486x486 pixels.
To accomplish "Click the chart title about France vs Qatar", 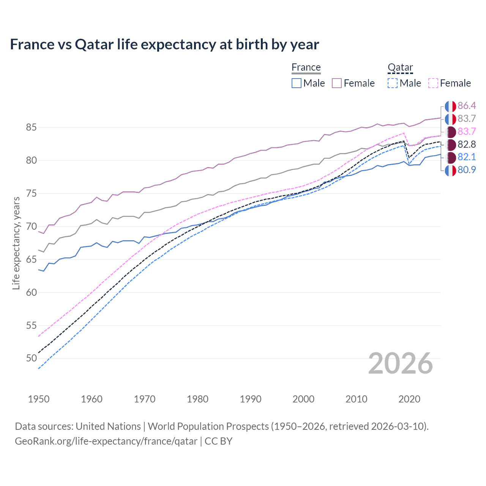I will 164,44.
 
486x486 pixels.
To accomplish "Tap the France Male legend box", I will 297,83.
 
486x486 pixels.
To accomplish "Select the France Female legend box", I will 337,83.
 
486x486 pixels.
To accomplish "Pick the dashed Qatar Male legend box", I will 393,83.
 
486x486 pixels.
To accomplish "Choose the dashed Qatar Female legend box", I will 433,83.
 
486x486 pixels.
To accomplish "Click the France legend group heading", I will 306,68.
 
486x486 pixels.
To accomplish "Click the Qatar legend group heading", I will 400,68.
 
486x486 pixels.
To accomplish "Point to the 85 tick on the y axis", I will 32,127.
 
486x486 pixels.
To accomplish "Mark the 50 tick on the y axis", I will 32,358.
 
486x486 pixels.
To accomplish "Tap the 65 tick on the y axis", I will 32,259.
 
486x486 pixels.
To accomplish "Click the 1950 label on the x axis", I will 39,399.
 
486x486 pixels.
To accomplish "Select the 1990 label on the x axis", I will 251,399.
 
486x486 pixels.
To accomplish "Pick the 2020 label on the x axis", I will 409,399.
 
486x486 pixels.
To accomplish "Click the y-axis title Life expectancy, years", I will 16,243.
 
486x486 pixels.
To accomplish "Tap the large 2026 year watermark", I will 401,363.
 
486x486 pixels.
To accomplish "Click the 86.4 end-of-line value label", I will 467,106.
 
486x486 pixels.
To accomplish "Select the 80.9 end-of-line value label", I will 467,170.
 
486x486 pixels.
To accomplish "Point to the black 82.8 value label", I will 467,144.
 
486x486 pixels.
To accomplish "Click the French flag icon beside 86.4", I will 450,106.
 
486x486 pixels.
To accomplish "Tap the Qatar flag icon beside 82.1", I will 450,157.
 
